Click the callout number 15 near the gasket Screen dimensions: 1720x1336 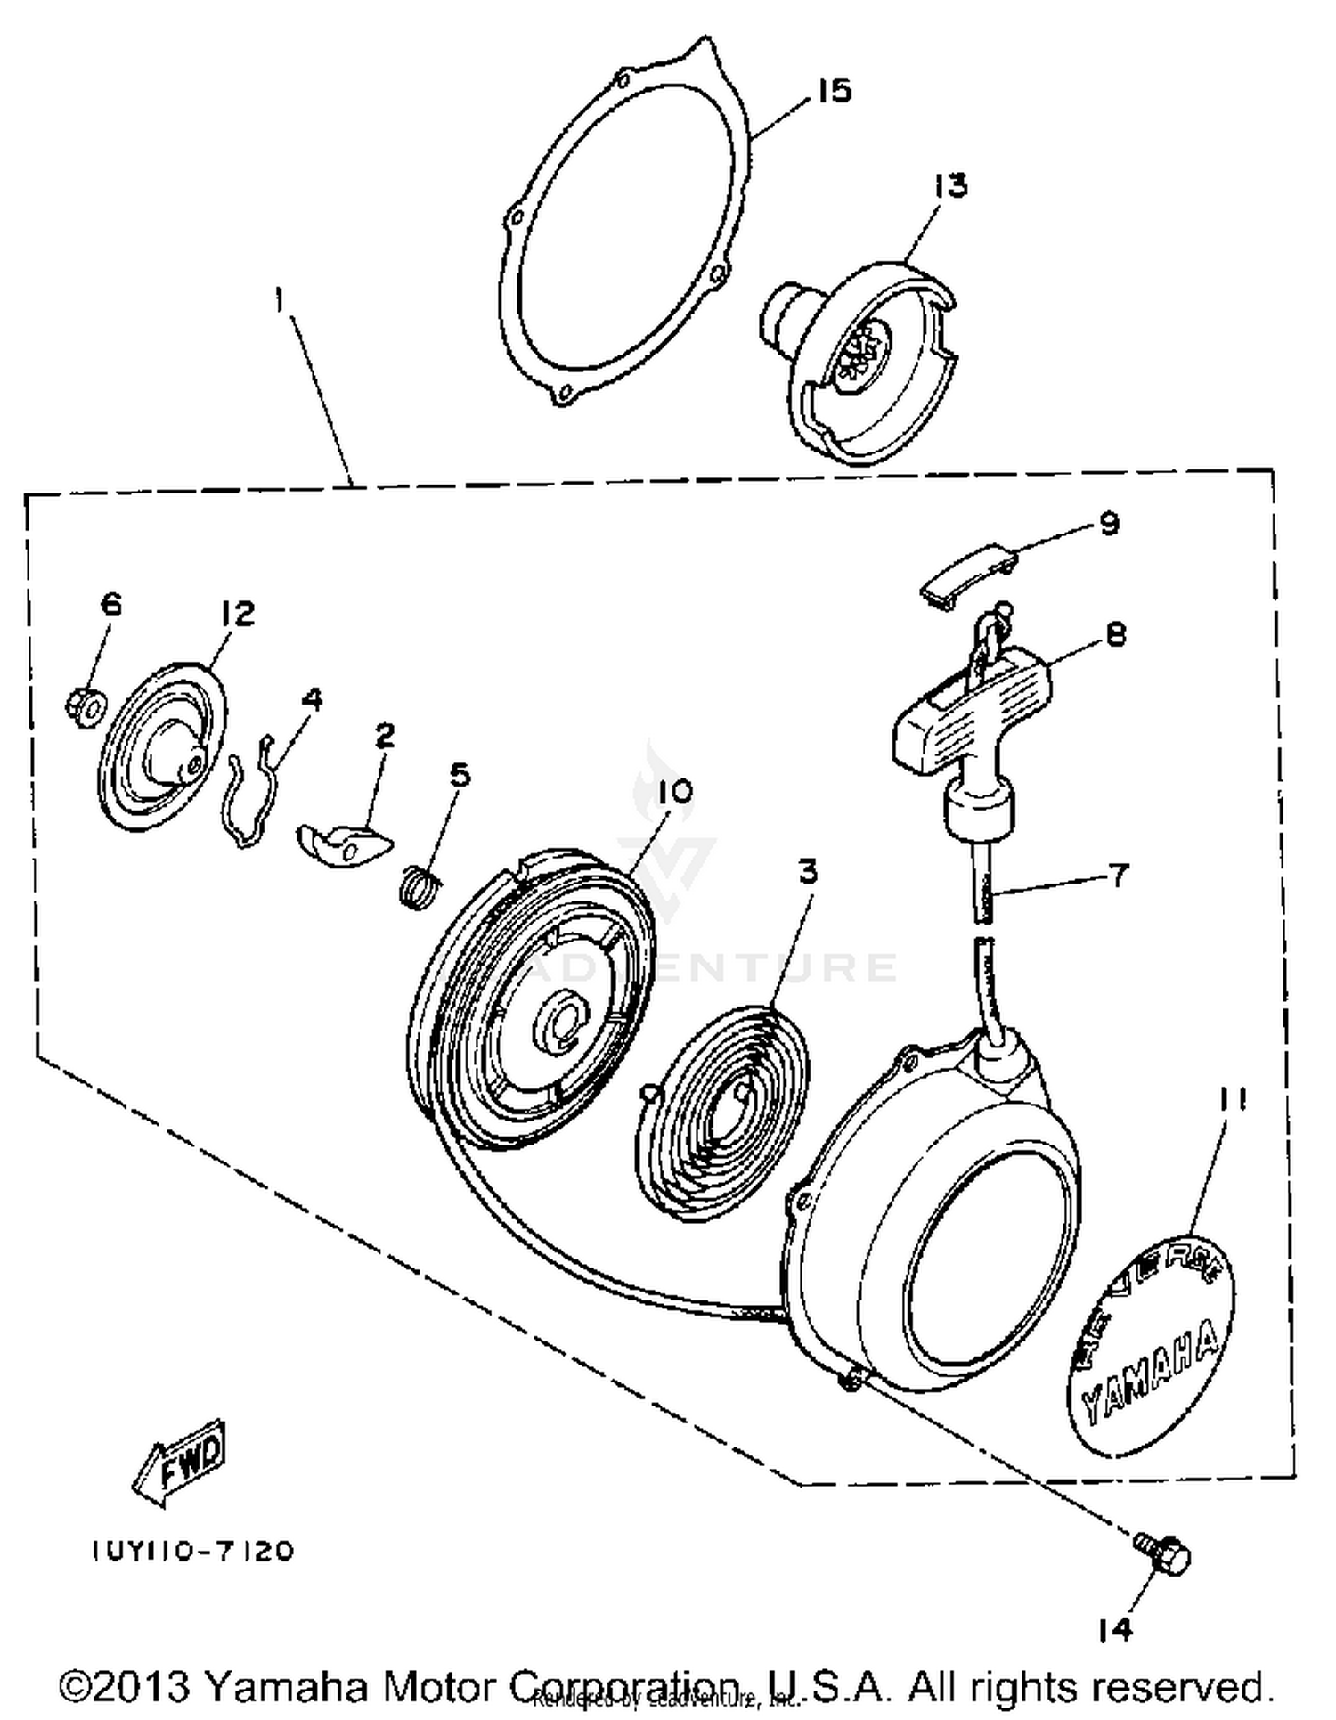click(x=834, y=91)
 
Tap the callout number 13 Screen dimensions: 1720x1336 click(x=949, y=186)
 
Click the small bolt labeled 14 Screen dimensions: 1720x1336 click(x=1163, y=1554)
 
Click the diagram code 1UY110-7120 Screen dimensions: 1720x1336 click(x=191, y=1551)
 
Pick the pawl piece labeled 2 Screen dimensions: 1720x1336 click(x=343, y=842)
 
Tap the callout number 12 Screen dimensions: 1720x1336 click(x=237, y=613)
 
